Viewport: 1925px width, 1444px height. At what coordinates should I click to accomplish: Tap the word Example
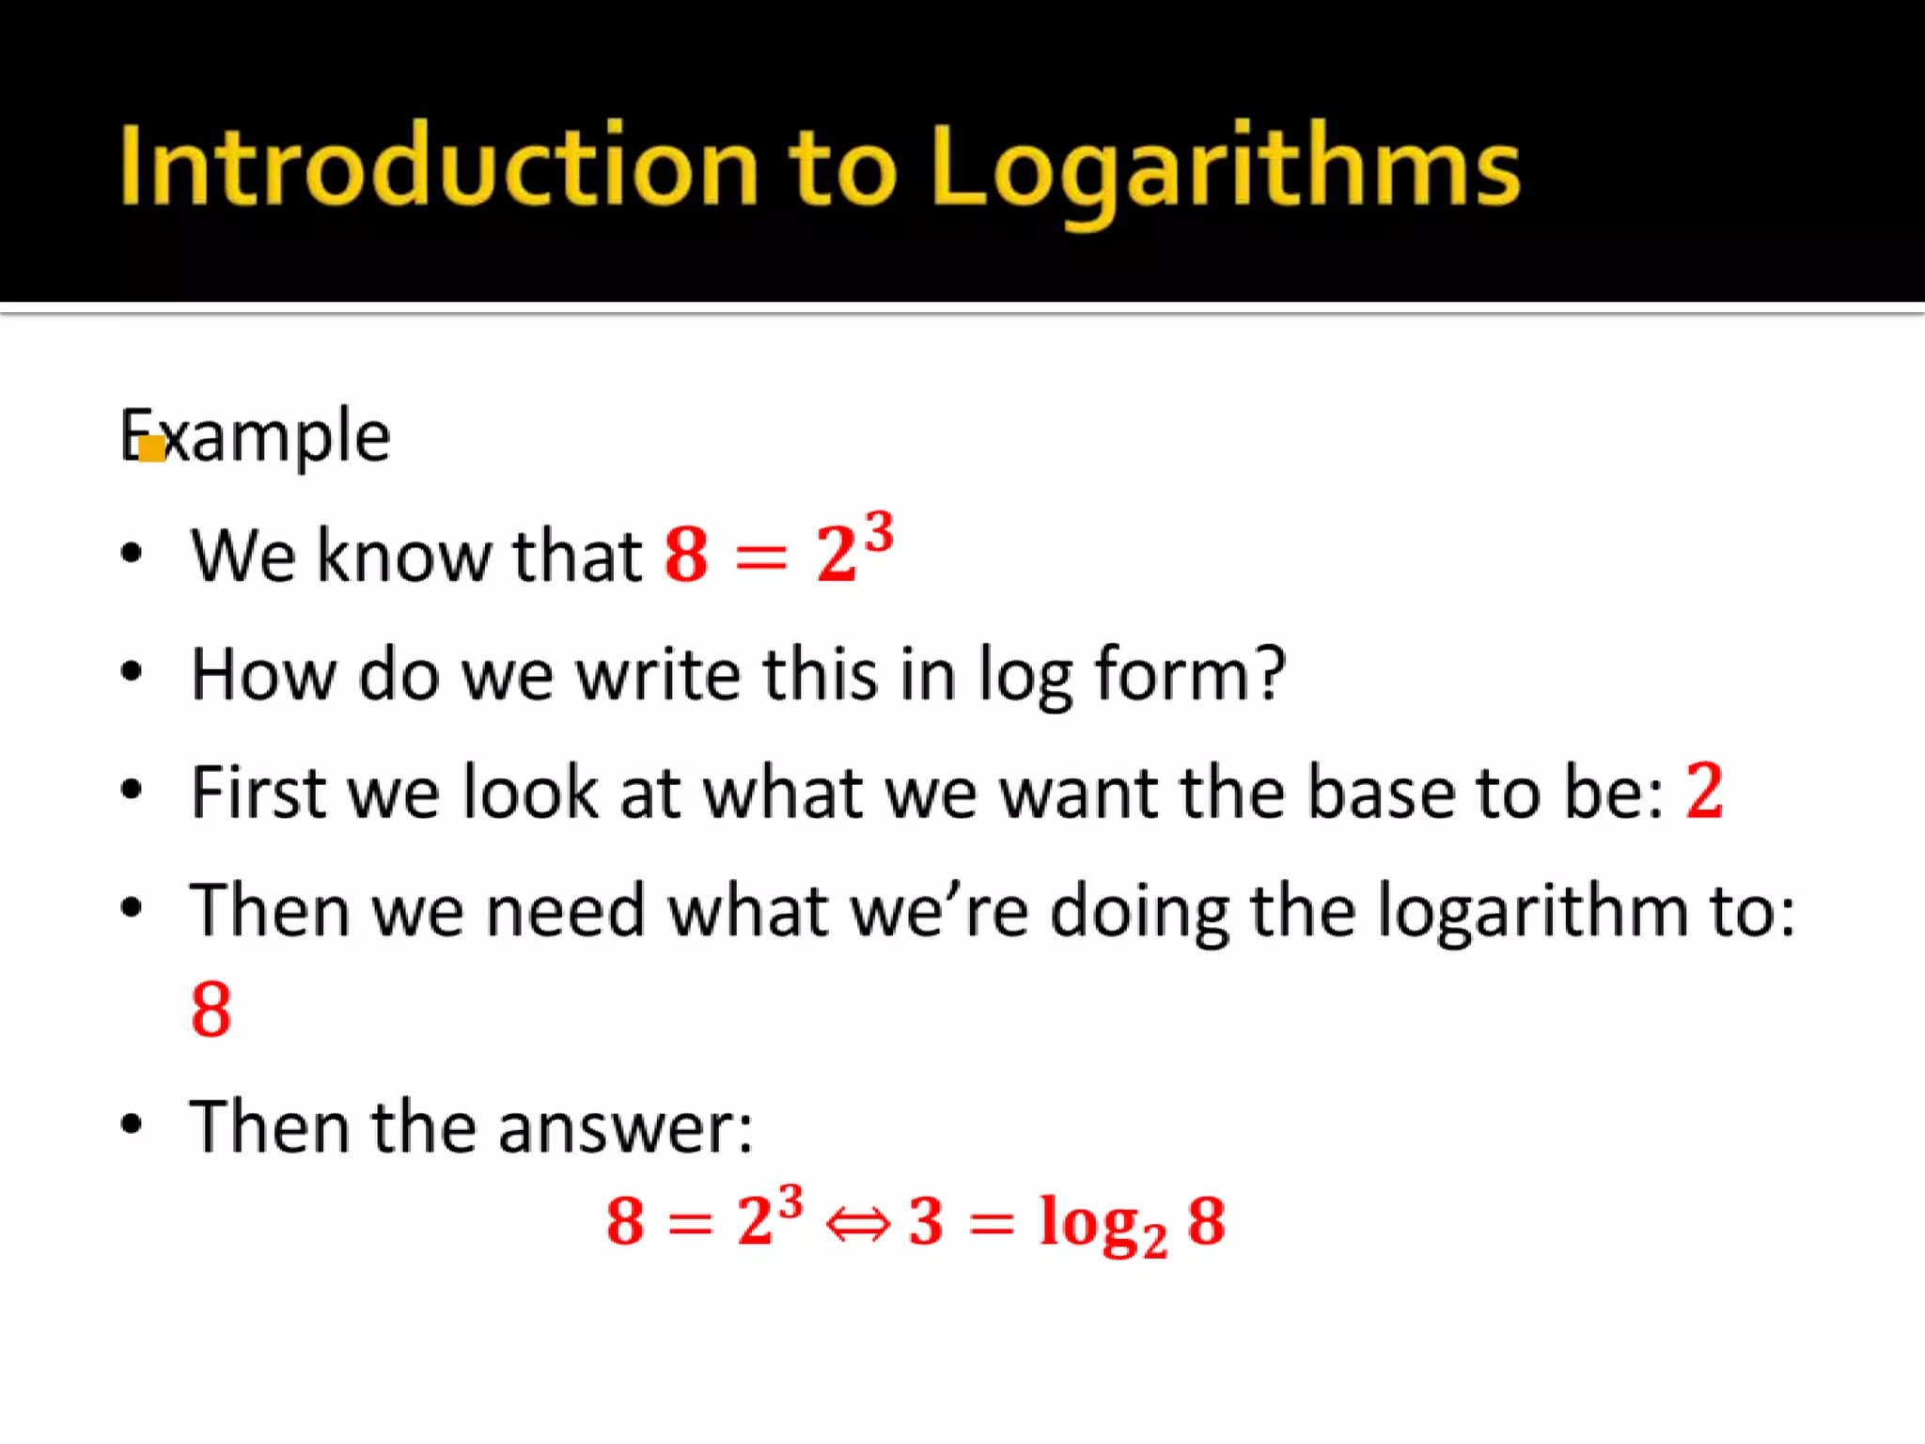pos(256,436)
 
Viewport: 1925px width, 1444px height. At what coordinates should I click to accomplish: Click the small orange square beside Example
pos(151,449)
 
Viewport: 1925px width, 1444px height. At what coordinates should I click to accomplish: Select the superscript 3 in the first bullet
pos(879,533)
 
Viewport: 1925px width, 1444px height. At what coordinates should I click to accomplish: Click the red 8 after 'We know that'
pos(686,555)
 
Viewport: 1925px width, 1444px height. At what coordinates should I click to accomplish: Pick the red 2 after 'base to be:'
pos(1704,792)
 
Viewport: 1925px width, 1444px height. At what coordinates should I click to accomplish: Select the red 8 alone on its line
pos(211,1010)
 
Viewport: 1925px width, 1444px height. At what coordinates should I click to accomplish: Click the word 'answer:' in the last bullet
pos(625,1126)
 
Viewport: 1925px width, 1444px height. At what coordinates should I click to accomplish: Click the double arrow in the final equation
pos(856,1224)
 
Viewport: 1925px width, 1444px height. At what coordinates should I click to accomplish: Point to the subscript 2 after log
pos(1154,1245)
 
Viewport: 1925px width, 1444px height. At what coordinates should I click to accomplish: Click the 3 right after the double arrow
pos(926,1222)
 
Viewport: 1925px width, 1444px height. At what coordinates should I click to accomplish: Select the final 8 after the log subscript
pos(1206,1222)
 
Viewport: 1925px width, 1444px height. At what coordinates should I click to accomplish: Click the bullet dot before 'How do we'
pos(132,671)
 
